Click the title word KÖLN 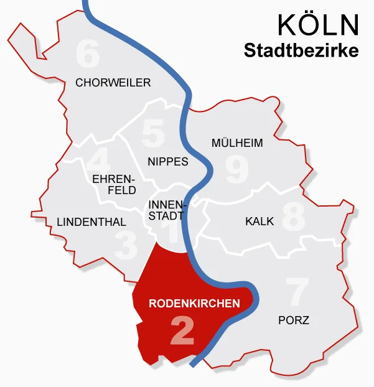tap(318, 25)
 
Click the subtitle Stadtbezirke tap(301, 50)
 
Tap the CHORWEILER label tap(113, 82)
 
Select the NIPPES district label tap(168, 161)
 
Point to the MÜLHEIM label tap(237, 142)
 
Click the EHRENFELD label tap(113, 184)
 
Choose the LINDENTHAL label tap(91, 221)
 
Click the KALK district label tap(259, 221)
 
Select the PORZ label tap(293, 320)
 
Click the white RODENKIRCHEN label tap(194, 304)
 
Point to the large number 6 tap(87, 55)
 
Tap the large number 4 tap(98, 161)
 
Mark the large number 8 tap(293, 217)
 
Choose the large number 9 tap(237, 170)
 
